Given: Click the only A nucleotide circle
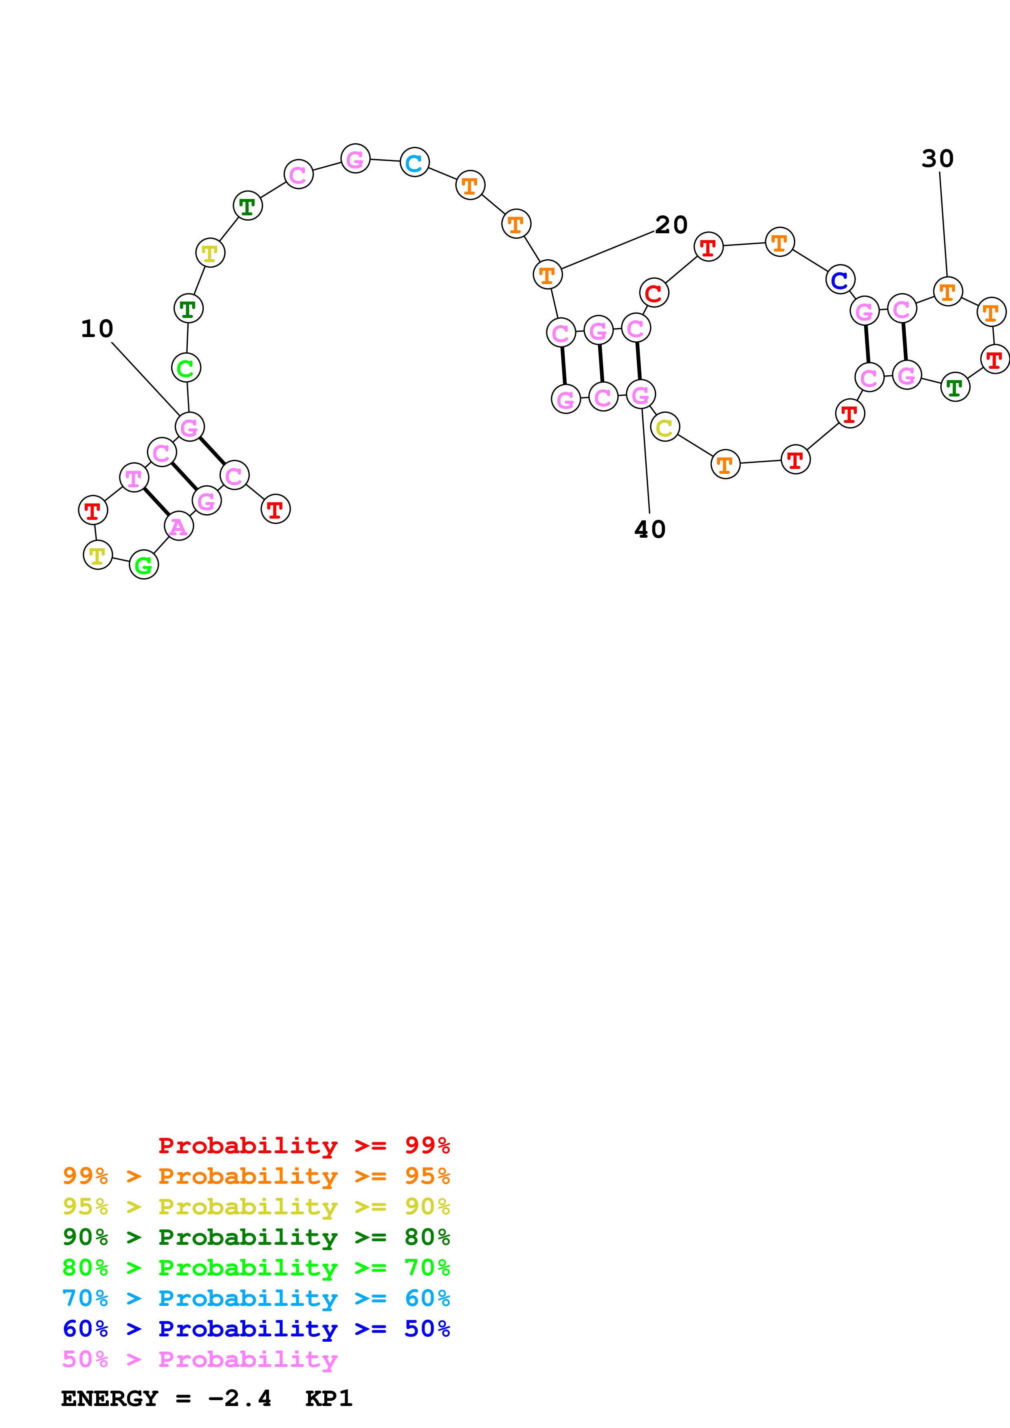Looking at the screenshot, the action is (x=178, y=526).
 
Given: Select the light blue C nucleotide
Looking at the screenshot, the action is (x=414, y=162).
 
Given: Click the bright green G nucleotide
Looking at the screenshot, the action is (x=144, y=565).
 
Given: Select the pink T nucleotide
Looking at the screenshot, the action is (x=134, y=477).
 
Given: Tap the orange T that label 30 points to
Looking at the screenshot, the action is (x=947, y=291).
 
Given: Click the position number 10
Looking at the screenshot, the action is (x=97, y=329).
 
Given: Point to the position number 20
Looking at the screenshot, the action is (x=671, y=225).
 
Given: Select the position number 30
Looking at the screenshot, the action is (x=937, y=159).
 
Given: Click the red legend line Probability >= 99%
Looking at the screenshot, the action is (x=304, y=1145).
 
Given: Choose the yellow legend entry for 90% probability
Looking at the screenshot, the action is (x=256, y=1207).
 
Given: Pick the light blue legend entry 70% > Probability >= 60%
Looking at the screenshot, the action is (x=256, y=1298).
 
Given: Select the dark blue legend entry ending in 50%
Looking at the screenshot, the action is (x=256, y=1329).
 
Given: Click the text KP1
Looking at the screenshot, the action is (x=328, y=1399).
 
